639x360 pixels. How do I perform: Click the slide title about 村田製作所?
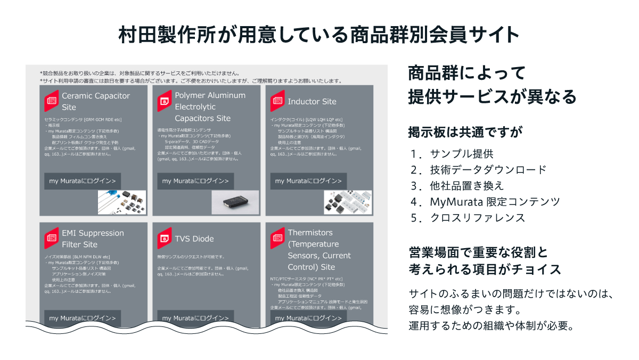[319, 35]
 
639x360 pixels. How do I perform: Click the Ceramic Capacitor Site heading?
[96, 101]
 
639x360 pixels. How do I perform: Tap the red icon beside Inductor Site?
[277, 101]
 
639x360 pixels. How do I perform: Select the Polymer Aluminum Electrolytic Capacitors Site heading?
[210, 107]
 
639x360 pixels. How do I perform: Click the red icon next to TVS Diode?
[165, 238]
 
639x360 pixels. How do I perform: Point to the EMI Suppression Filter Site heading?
[93, 239]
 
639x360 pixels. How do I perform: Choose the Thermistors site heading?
[319, 249]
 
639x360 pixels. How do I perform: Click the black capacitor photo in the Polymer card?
[235, 202]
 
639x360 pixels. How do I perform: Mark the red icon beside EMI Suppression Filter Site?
[52, 238]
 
